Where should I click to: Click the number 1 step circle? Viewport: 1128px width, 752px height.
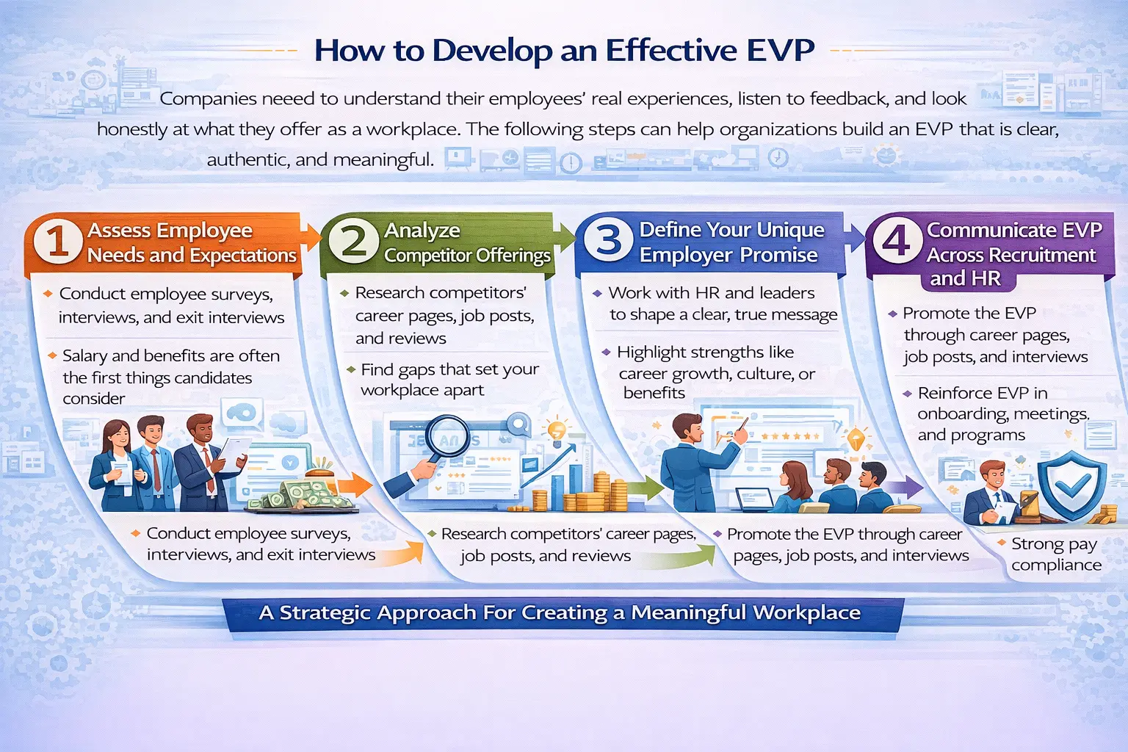(57, 242)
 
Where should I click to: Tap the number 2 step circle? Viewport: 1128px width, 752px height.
(353, 241)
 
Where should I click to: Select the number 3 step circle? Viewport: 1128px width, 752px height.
(608, 240)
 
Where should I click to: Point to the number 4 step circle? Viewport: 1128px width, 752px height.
(897, 240)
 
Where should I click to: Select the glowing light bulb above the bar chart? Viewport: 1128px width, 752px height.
(557, 431)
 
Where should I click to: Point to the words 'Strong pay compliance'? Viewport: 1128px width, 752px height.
(1055, 554)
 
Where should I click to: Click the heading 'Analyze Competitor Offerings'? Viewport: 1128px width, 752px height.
(467, 243)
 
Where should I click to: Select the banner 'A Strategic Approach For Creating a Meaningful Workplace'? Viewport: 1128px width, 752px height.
(560, 613)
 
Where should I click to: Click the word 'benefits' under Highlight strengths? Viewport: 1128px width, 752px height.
(654, 393)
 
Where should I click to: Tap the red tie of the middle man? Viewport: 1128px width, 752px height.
(156, 471)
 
